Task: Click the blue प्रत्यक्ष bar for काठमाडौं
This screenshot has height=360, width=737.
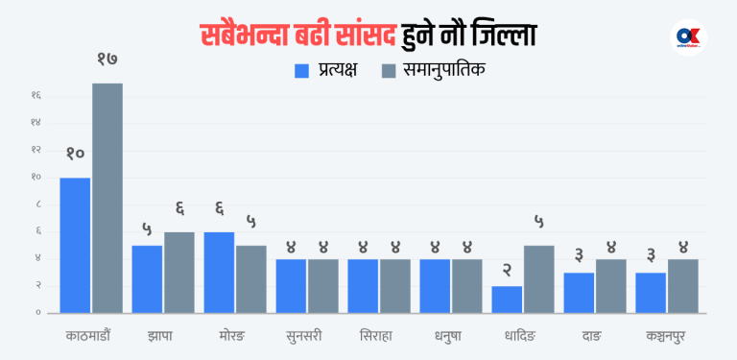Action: (x=75, y=245)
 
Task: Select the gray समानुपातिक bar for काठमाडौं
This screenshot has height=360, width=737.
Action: (x=107, y=198)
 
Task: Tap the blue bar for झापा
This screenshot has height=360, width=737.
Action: (x=147, y=278)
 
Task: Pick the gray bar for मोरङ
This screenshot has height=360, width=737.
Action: (x=251, y=278)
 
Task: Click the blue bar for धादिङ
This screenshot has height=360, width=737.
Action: (x=507, y=299)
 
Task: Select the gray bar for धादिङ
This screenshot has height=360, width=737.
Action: (x=539, y=278)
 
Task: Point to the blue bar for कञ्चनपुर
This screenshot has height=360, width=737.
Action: (x=651, y=292)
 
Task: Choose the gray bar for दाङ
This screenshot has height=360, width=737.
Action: (x=611, y=285)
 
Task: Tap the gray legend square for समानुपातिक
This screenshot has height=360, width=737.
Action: (x=389, y=70)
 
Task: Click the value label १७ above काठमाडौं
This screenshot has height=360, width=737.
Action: (x=107, y=60)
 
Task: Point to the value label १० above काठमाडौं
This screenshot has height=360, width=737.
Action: (x=75, y=154)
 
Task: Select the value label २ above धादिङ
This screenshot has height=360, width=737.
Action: (x=507, y=270)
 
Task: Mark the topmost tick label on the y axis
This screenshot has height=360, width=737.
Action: (x=36, y=95)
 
